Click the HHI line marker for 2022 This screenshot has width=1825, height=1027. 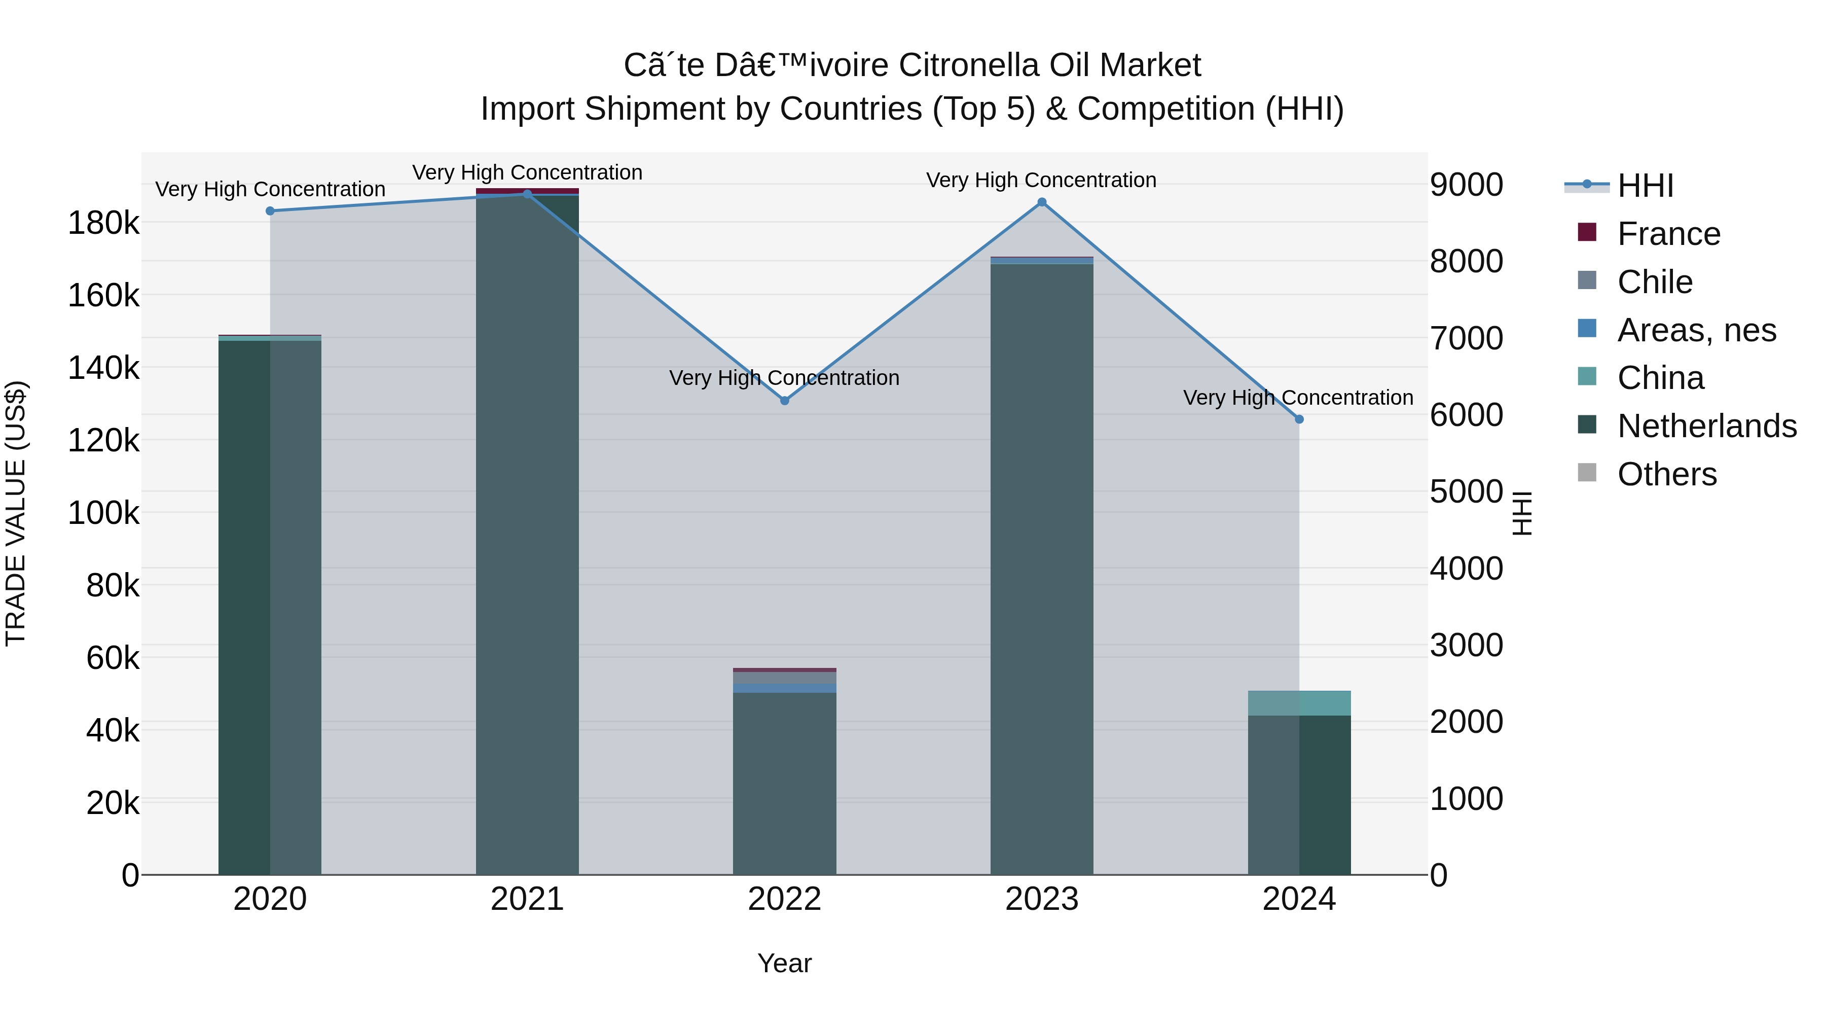[x=784, y=401]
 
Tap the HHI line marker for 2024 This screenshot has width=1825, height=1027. [x=1299, y=419]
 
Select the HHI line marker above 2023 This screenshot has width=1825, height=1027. [x=1041, y=202]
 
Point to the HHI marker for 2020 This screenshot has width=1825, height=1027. [x=270, y=210]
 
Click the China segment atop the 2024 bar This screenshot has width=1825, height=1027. [x=1299, y=702]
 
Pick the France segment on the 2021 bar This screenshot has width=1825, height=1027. [x=527, y=191]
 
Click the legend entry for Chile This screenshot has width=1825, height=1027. [x=1654, y=281]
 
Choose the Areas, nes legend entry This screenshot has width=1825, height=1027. [x=1696, y=330]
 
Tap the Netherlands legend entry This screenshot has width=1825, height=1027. [x=1706, y=426]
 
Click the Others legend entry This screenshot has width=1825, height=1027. [x=1666, y=474]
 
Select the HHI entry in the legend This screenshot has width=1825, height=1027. [x=1645, y=185]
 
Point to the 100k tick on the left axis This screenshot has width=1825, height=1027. [x=103, y=512]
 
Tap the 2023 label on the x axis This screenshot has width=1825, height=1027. [x=1041, y=899]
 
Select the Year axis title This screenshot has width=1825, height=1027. [x=784, y=963]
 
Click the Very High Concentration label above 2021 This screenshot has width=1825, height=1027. [x=527, y=172]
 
